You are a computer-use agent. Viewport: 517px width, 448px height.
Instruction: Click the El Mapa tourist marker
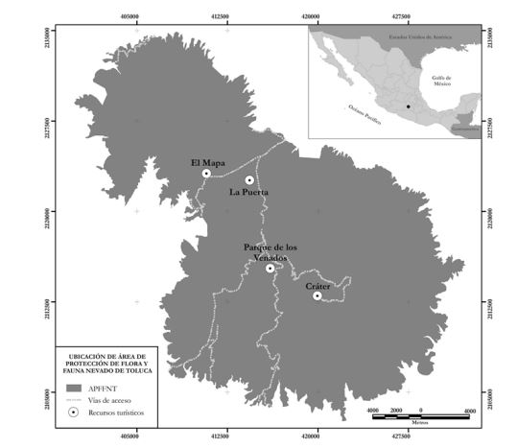click(206, 174)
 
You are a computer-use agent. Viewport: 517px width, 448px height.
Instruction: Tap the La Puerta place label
click(248, 193)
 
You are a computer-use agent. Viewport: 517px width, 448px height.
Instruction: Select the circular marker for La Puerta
click(249, 179)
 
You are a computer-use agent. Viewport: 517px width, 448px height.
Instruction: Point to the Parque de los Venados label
click(270, 252)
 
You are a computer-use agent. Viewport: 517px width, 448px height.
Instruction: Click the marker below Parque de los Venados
click(270, 269)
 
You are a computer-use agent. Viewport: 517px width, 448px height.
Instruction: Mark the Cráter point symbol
click(317, 295)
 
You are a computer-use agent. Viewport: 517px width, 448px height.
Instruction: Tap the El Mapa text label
click(207, 162)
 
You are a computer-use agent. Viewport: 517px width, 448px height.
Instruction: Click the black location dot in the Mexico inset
click(407, 107)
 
